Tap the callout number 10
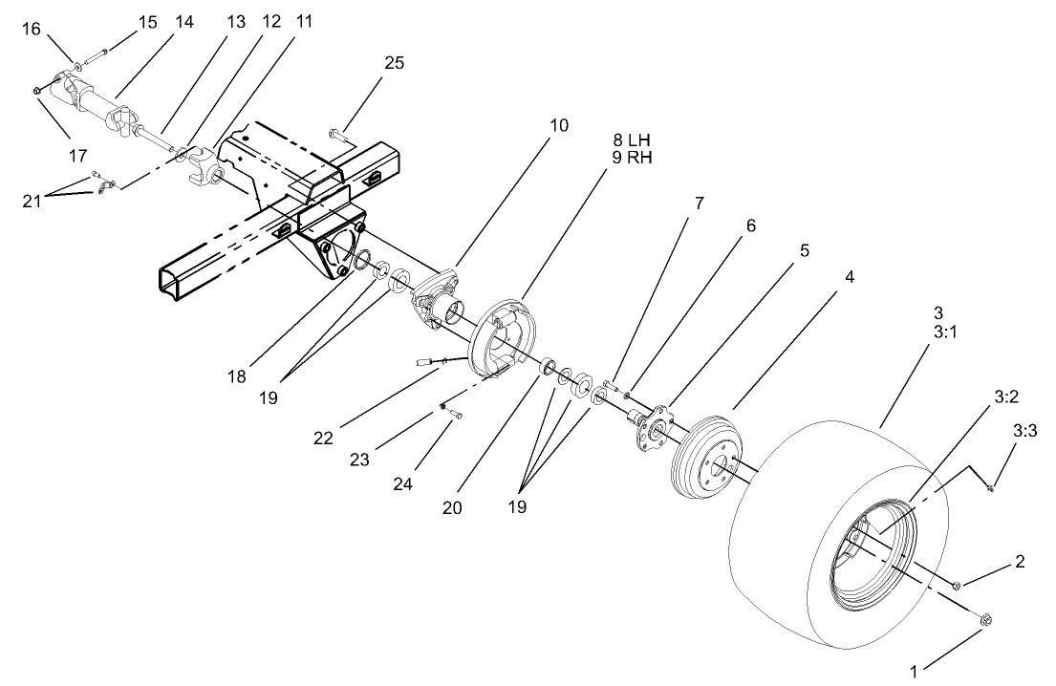558,125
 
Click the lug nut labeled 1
984,621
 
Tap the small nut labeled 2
957,585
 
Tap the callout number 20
452,508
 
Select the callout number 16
32,30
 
